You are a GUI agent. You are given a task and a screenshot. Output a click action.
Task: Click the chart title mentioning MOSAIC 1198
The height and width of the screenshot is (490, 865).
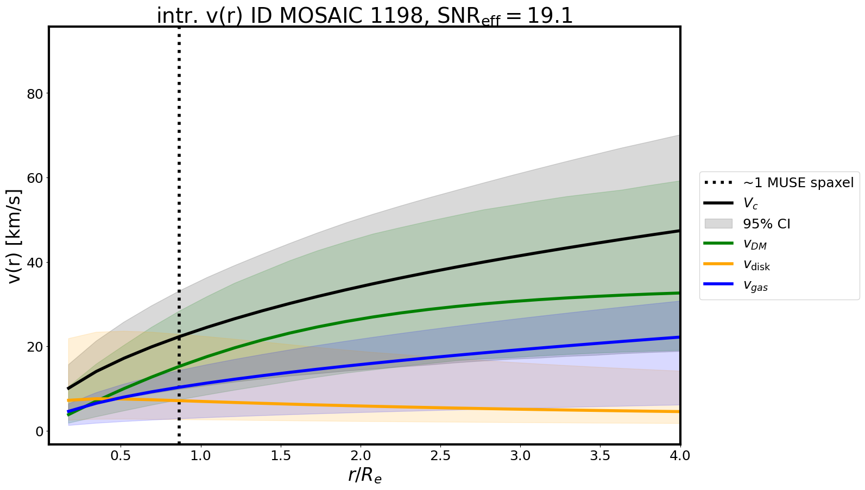pos(364,16)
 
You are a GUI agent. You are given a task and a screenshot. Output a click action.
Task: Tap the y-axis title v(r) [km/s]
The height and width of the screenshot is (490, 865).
pos(15,236)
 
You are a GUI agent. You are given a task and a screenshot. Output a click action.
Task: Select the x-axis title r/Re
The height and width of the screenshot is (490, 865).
pos(364,475)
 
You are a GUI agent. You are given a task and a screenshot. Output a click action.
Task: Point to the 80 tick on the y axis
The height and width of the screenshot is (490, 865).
pos(35,93)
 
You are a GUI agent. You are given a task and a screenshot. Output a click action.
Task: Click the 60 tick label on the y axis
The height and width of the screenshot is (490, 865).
pos(35,178)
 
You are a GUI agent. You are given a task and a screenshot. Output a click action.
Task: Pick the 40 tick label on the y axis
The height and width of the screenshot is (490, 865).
pos(35,262)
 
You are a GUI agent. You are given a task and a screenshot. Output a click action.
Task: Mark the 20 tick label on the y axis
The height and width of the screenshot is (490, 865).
pos(35,347)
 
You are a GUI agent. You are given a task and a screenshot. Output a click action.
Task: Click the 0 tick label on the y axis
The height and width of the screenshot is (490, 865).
pos(39,431)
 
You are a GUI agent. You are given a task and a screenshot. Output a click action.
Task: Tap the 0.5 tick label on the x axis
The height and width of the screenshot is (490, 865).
pos(121,455)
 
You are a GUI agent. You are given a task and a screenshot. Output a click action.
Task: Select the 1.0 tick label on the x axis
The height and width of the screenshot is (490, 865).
pos(201,455)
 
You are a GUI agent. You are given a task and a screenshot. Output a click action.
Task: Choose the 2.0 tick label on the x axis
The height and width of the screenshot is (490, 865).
pos(361,455)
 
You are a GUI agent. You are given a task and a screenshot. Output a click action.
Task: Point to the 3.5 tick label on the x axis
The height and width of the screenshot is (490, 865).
pos(600,455)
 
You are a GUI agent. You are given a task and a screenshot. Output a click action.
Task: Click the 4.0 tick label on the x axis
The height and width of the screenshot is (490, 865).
pos(679,455)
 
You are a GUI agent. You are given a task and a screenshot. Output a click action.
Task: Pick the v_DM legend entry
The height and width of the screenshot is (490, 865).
pos(755,244)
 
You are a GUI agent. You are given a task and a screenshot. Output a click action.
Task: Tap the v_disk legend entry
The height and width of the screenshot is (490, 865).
pos(756,265)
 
